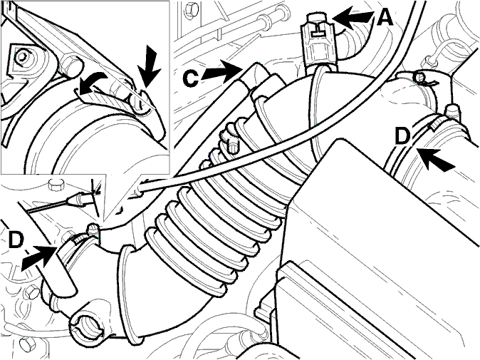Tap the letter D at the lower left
coord(16,240)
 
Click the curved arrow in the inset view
coord(92,83)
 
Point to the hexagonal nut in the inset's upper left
coord(21,56)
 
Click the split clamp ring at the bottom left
coord(88,326)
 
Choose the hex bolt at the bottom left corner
coord(25,346)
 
